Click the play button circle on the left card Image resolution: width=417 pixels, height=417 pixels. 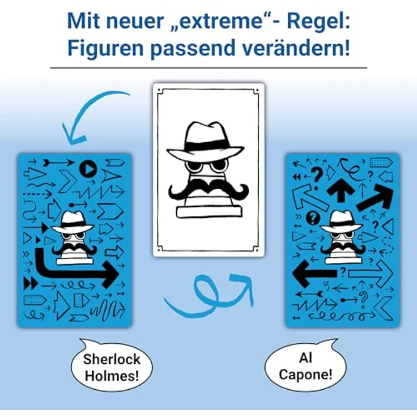(x=87, y=168)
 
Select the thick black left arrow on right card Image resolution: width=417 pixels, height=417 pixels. (x=313, y=273)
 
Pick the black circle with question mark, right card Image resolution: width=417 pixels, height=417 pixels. (x=310, y=217)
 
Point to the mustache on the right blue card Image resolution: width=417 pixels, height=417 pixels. (x=342, y=248)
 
